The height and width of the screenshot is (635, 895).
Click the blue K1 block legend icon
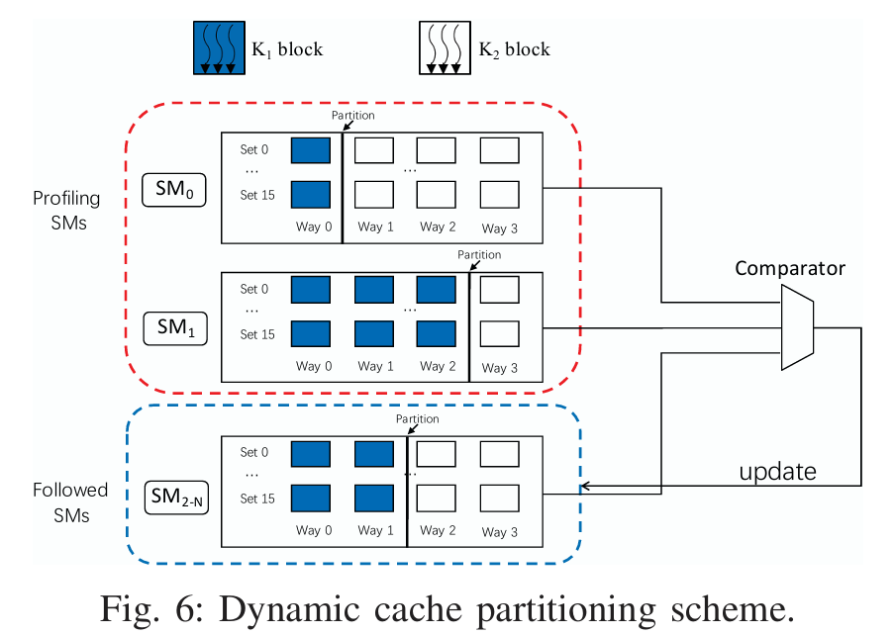pyautogui.click(x=217, y=47)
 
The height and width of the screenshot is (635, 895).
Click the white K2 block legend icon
pyautogui.click(x=443, y=47)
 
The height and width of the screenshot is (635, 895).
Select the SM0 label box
pyautogui.click(x=174, y=188)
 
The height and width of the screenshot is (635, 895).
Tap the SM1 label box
pyautogui.click(x=174, y=327)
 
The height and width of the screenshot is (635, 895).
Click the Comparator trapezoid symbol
pyautogui.click(x=797, y=327)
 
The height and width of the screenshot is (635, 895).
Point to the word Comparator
pyautogui.click(x=790, y=268)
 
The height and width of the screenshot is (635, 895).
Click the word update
pyautogui.click(x=778, y=471)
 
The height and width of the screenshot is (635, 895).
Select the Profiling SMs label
pyautogui.click(x=59, y=210)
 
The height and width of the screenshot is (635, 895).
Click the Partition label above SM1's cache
pyautogui.click(x=480, y=255)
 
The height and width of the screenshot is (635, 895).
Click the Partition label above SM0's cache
pyautogui.click(x=353, y=116)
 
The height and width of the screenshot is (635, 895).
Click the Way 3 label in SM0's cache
pyautogui.click(x=500, y=228)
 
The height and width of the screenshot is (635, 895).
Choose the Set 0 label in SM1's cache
pyautogui.click(x=254, y=290)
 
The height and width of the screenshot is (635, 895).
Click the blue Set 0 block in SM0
pyautogui.click(x=310, y=150)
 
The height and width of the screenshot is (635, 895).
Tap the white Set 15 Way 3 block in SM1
pyautogui.click(x=499, y=333)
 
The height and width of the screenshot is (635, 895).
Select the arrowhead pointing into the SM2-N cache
pyautogui.click(x=585, y=486)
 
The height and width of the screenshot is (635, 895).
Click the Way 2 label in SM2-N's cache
pyautogui.click(x=433, y=531)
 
